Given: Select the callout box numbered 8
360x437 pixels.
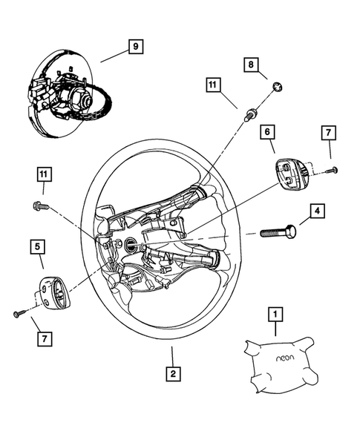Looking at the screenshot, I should tap(252, 66).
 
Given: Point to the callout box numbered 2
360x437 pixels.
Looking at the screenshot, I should tap(172, 374).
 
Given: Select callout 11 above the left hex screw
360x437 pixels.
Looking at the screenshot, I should tap(46, 175).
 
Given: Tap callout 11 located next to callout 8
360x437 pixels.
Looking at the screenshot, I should tap(214, 86).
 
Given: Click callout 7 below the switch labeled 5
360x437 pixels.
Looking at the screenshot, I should tap(45, 339).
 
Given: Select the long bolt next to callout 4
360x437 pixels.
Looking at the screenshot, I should tap(278, 232).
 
